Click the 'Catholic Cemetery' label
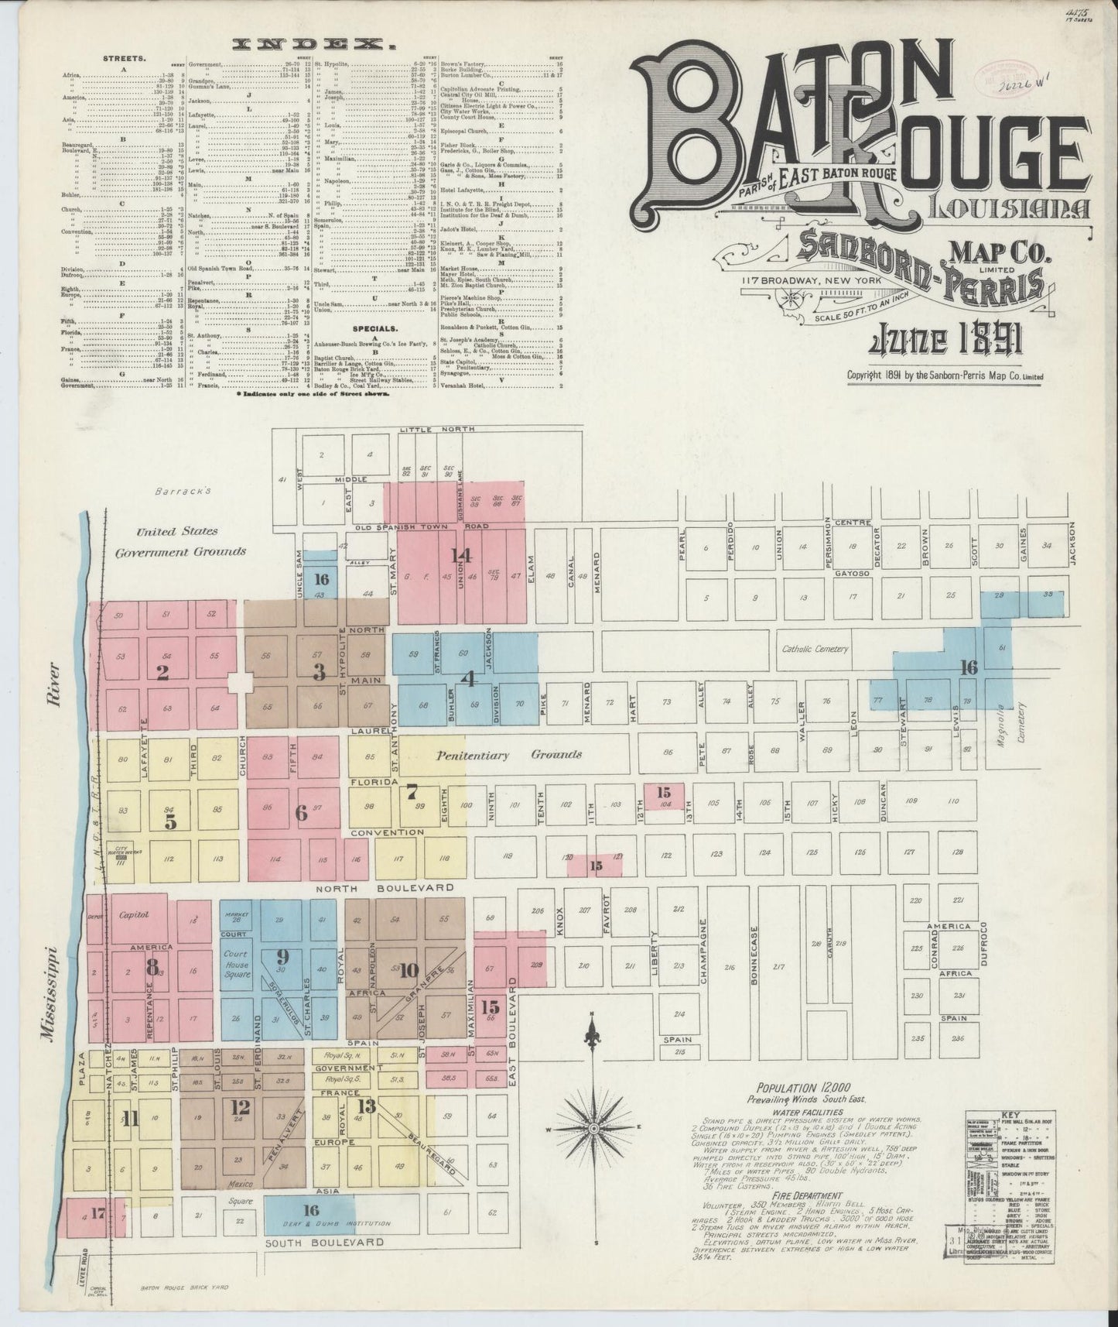[815, 649]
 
